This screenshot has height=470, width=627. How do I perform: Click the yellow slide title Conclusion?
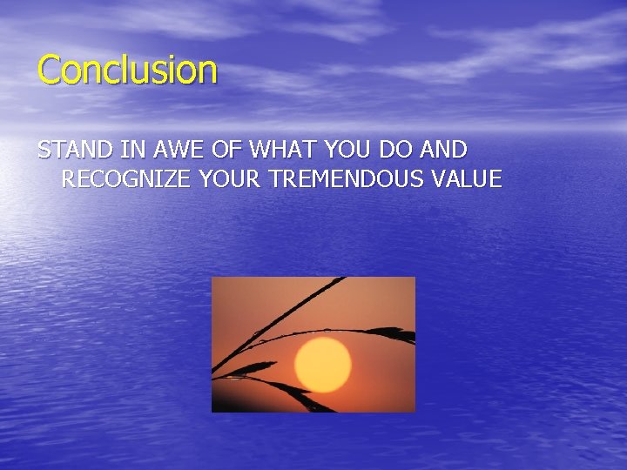coord(127,70)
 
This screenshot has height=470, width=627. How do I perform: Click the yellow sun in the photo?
coord(323,365)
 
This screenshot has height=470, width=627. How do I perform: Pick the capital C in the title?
coord(49,70)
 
